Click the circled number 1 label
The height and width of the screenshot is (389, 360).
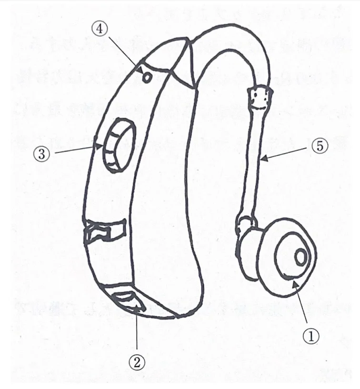(311, 336)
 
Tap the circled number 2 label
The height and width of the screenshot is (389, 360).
(137, 362)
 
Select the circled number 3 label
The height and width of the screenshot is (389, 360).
(42, 154)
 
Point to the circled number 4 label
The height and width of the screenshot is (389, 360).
(100, 29)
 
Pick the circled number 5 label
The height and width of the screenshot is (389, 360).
(320, 146)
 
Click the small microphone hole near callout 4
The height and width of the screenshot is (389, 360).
(147, 78)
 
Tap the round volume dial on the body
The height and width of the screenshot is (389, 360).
(120, 145)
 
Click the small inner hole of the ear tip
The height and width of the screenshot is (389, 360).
(300, 257)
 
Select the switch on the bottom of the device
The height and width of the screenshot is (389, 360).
(129, 301)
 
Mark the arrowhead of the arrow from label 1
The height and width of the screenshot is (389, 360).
(294, 284)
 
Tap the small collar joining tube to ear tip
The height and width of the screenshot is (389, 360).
(246, 223)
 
